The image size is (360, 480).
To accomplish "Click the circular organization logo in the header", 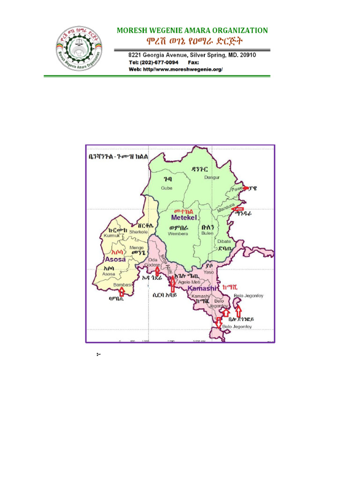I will pos(79,48).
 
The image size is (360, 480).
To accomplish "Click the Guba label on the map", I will pos(166,188).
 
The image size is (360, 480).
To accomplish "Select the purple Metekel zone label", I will pos(184,218).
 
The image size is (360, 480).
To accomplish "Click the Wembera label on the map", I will pos(178,233).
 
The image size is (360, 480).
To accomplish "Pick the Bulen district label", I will pos(207,233).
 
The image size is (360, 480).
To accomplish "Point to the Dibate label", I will pos(224,241).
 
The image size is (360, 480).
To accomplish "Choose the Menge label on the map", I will pos(136,247).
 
